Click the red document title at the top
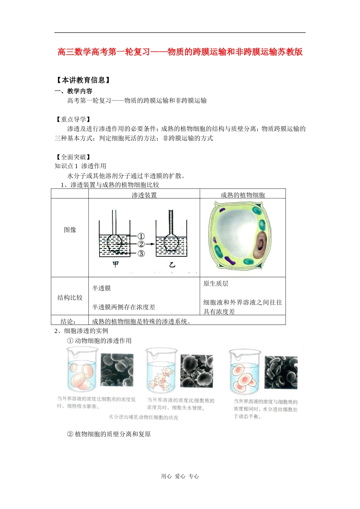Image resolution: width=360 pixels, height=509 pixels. pos(180,52)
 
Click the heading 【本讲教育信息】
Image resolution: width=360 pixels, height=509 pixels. pos(83,80)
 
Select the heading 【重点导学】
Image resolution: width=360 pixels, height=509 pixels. pos(73,119)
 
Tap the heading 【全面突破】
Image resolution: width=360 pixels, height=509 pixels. pos(73,157)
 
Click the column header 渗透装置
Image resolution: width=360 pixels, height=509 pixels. pos(144,195)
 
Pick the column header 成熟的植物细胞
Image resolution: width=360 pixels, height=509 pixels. pos(243,195)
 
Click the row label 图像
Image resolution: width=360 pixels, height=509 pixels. pos(70,230)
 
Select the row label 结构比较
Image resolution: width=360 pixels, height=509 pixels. pos(70,298)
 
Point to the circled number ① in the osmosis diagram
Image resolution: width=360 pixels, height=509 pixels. pos(141,236)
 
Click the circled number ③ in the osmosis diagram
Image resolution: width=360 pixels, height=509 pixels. pos(141,253)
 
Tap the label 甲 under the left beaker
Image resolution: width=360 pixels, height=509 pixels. pos(116,264)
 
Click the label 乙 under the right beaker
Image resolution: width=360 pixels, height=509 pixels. pos(172,265)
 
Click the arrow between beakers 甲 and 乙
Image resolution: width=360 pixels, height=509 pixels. pos(150,244)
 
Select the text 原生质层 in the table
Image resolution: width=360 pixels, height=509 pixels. pos(216,284)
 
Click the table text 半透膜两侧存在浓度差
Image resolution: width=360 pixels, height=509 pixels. pos(124,307)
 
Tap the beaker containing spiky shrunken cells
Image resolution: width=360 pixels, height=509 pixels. pos(161,371)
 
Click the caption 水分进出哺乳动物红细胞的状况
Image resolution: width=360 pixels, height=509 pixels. pos(143,417)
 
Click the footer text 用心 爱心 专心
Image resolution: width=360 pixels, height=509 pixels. pos(180,476)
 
